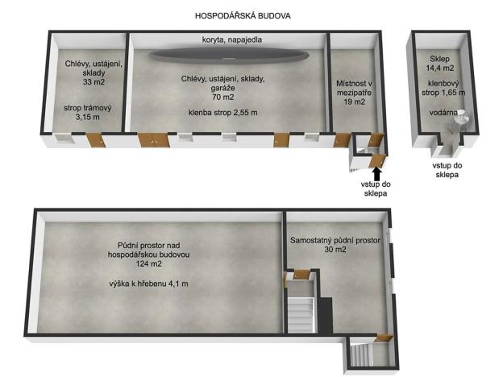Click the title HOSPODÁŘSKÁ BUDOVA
tap(243, 15)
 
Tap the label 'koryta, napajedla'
tap(231, 39)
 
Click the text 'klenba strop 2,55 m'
tap(223, 113)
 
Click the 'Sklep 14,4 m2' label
tap(439, 64)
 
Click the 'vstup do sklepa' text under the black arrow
tap(376, 188)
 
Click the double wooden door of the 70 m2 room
tap(153, 140)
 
